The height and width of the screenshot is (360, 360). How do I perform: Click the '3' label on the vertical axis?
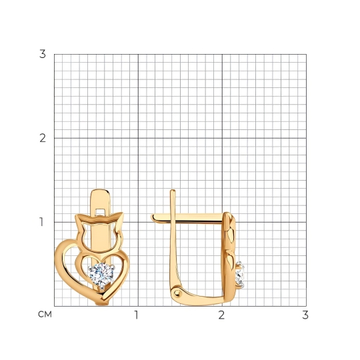click(x=43, y=54)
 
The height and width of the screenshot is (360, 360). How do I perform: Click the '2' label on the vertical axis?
click(x=43, y=138)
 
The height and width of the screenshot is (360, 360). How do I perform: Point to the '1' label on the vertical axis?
click(x=41, y=222)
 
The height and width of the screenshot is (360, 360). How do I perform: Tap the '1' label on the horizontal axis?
click(x=137, y=315)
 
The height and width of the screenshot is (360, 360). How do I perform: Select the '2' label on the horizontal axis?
click(x=221, y=315)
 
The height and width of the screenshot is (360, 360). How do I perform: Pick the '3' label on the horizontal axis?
click(x=305, y=315)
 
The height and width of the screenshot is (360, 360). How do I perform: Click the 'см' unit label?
click(x=45, y=314)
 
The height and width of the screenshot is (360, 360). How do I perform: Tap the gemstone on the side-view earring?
click(x=240, y=275)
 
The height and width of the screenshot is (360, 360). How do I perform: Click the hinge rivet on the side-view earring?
click(x=177, y=292)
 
